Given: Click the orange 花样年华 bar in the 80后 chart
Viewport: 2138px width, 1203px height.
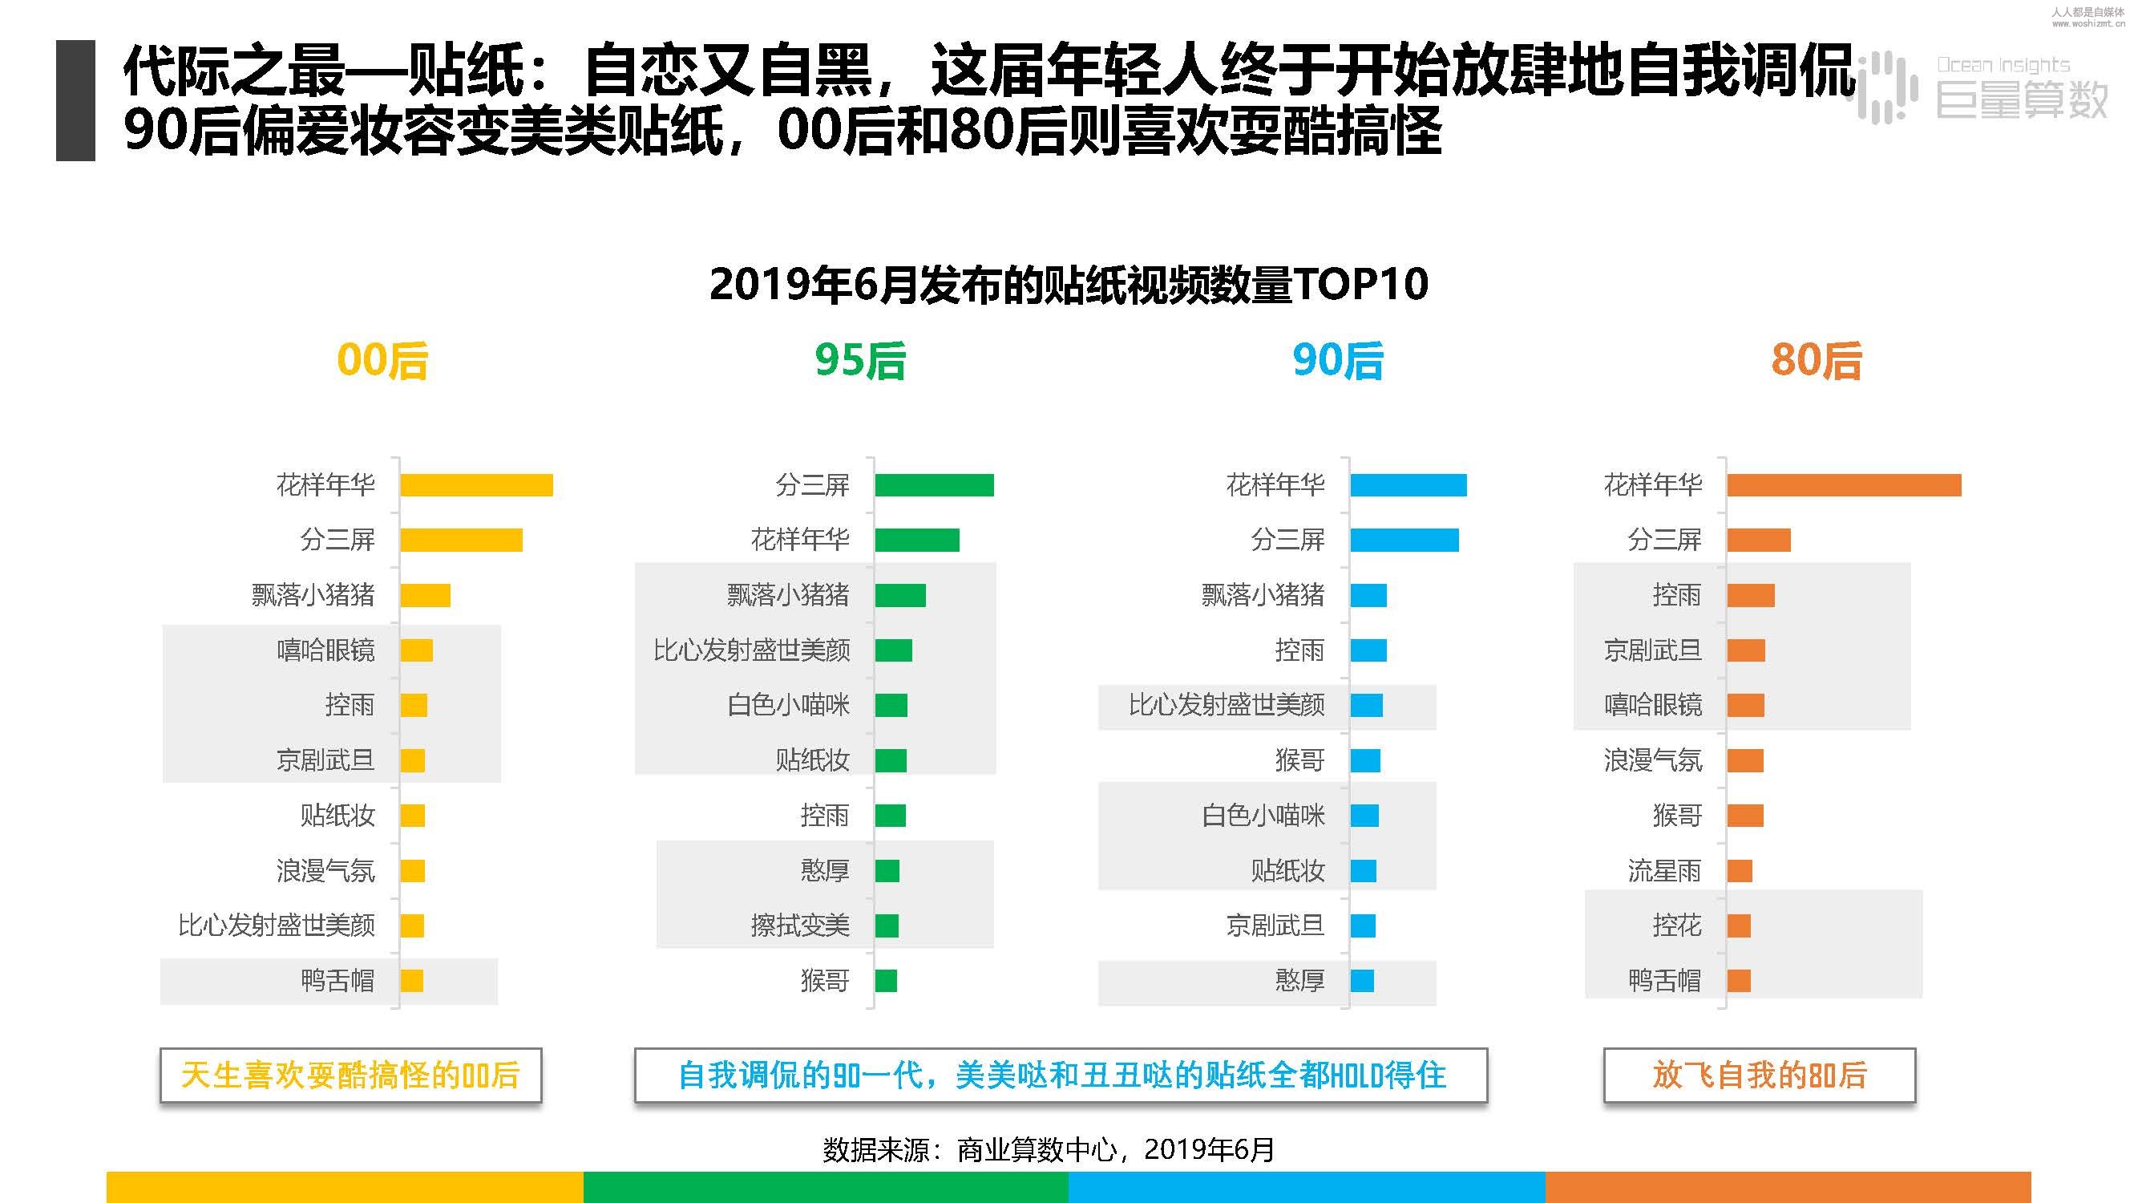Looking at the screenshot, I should pos(1843,485).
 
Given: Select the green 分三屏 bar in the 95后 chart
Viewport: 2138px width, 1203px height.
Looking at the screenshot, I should pos(934,485).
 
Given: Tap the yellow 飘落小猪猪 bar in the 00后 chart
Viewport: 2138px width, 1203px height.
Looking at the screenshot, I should pos(425,595).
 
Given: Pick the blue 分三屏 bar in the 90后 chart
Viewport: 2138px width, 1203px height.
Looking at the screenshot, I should pos(1404,540).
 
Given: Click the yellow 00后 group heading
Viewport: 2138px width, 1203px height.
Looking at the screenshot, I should pos(382,361).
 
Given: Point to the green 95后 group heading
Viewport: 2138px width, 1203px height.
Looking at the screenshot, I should pos(860,361).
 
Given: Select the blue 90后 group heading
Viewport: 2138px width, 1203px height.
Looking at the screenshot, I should pos(1338,361).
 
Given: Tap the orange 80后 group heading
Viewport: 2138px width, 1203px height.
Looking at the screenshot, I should pos(1816,361).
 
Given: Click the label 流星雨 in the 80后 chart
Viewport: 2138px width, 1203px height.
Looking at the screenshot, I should pos(1664,871).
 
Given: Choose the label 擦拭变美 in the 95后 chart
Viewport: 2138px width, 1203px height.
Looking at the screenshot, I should pos(800,926).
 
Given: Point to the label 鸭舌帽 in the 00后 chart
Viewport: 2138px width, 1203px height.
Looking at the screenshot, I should pos(337,981).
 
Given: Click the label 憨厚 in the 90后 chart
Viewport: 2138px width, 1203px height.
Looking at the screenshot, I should pos(1299,981).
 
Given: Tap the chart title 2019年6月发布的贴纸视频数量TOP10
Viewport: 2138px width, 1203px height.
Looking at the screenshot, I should pos(1068,284).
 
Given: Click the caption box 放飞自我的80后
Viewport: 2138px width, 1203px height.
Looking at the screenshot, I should pos(1759,1075).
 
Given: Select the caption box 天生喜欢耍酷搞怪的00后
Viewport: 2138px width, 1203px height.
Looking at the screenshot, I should pos(350,1075).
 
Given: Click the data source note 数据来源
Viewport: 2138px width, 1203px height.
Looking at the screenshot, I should pos(1049,1150).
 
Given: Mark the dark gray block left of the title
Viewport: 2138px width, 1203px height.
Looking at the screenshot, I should pos(75,99).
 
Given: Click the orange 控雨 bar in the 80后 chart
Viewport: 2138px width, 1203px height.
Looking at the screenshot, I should pos(1751,595).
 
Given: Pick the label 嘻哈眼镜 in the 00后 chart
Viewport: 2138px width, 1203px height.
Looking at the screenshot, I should pos(325,650).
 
